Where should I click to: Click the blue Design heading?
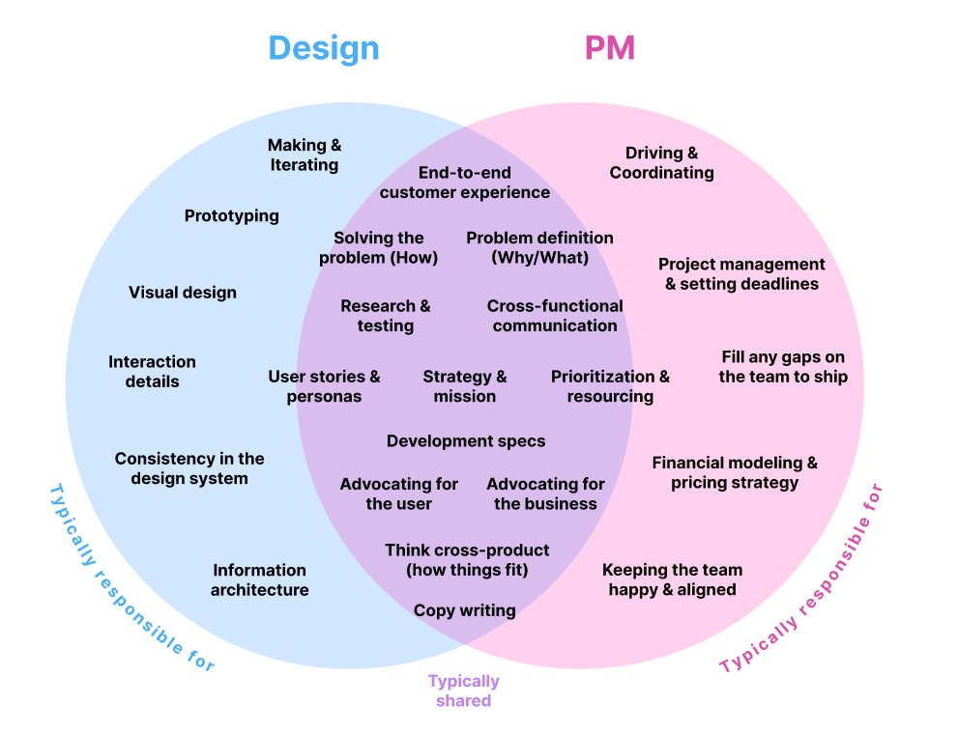[323, 48]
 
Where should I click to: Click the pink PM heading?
[610, 48]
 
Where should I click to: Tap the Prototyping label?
[231, 215]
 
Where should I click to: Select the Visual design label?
[182, 292]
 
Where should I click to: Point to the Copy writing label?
[464, 610]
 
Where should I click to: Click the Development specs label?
[466, 441]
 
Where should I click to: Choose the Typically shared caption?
[464, 691]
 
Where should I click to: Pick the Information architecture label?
[259, 579]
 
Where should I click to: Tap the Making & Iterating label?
[304, 155]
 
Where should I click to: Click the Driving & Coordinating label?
[661, 162]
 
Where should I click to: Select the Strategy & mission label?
[464, 386]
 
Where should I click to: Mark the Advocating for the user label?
[398, 494]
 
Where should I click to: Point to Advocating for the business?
[545, 494]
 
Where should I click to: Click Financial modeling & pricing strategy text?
[735, 472]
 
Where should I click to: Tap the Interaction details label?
[152, 371]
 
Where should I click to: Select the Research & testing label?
[385, 316]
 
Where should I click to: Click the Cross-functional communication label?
[555, 316]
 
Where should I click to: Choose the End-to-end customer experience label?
[464, 183]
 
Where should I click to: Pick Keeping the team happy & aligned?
[672, 579]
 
